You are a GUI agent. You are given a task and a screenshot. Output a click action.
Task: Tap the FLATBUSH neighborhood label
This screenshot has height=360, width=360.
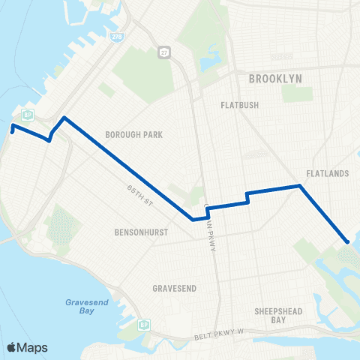pyautogui.click(x=240, y=105)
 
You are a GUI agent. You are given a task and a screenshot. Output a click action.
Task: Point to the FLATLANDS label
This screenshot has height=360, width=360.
pyautogui.click(x=328, y=174)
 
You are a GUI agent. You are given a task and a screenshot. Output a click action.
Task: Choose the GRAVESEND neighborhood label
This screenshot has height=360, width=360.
pyautogui.click(x=174, y=288)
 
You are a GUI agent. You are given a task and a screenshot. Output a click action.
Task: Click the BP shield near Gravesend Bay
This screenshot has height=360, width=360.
pyautogui.click(x=143, y=325)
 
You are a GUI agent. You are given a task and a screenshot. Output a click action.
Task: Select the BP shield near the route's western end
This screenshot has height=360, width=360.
pyautogui.click(x=27, y=114)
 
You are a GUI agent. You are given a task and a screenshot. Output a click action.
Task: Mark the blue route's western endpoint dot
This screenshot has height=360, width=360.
pyautogui.click(x=13, y=128)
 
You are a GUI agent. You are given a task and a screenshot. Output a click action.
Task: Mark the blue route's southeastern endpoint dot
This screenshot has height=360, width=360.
pyautogui.click(x=347, y=241)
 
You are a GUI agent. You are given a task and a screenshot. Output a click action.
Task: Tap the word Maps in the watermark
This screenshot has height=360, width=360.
pyautogui.click(x=33, y=347)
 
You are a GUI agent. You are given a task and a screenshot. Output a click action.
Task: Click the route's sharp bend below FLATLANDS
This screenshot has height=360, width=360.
pyautogui.click(x=300, y=185)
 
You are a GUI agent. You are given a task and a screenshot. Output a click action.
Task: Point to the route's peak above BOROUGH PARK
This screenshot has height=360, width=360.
pyautogui.click(x=64, y=118)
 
